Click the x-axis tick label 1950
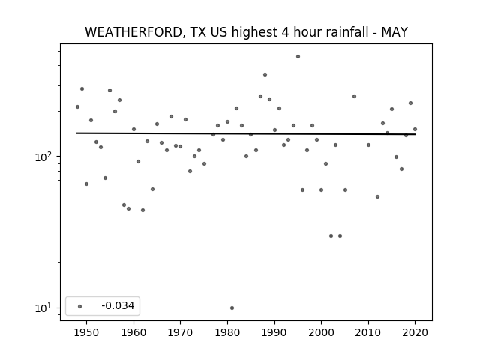point(87,332)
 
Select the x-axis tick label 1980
point(227,332)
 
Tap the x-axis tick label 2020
point(415,332)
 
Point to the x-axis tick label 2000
point(322,332)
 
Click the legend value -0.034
point(118,305)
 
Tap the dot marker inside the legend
point(80,306)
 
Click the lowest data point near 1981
point(232,307)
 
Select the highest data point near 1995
point(298,57)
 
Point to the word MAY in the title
point(394,32)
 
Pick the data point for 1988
point(265,75)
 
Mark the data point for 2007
point(354,97)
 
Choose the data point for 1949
point(82,89)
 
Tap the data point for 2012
point(377,196)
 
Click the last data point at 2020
point(415,130)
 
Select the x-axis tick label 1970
point(181,332)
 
